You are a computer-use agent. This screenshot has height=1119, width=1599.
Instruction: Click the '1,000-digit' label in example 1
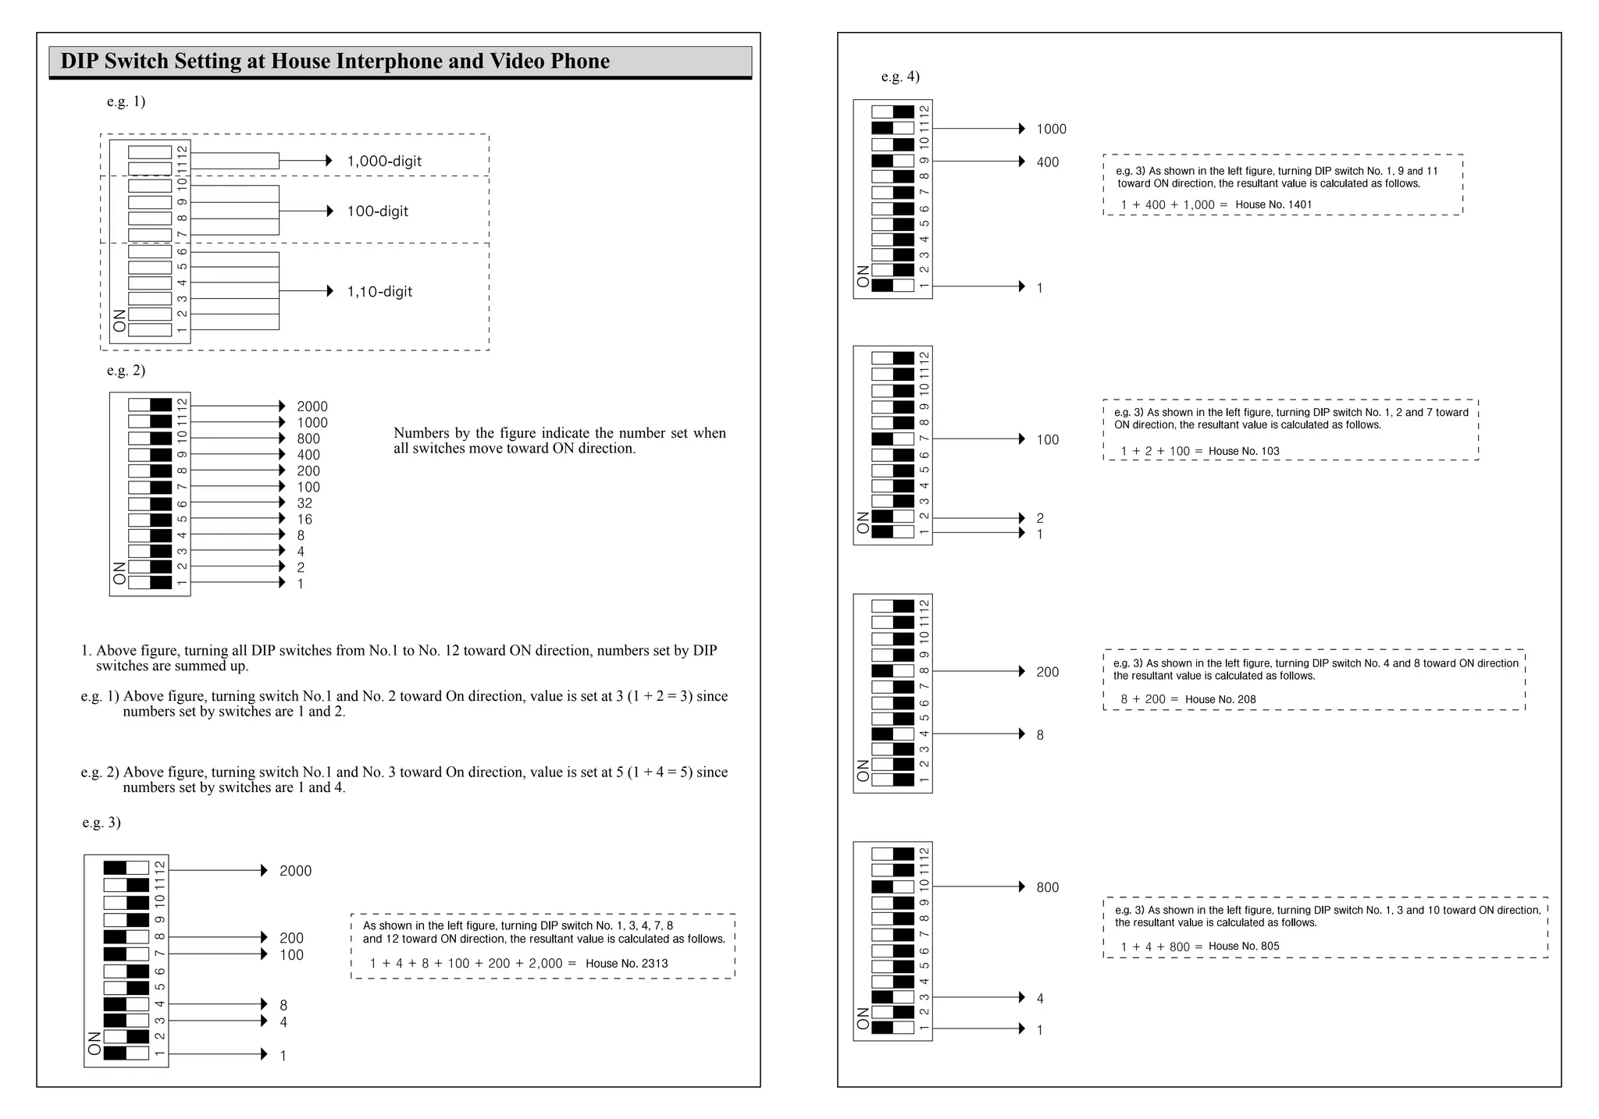click(384, 162)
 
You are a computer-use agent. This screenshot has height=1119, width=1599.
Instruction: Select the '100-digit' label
click(377, 211)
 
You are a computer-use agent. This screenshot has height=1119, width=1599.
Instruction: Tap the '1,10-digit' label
click(379, 292)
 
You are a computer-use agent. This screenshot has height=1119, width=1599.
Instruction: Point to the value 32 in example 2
click(304, 503)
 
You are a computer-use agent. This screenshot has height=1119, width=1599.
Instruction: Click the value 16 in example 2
click(304, 520)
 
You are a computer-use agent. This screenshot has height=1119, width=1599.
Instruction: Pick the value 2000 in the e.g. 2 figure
click(312, 407)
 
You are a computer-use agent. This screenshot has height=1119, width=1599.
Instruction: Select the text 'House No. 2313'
click(626, 964)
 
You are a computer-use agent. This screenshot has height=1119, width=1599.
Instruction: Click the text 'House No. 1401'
click(1273, 205)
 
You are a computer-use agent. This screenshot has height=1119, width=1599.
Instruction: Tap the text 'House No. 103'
click(1244, 451)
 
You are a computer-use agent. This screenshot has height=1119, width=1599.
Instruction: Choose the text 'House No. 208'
click(1220, 699)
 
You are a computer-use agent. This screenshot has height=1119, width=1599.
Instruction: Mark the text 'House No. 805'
click(1244, 947)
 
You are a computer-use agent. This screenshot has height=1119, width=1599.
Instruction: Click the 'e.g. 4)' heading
click(900, 76)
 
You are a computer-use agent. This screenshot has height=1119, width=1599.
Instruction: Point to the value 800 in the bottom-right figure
click(1048, 887)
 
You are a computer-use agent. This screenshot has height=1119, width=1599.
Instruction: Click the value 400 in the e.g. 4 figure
click(1048, 162)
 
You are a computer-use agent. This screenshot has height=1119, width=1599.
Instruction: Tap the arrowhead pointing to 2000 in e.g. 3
click(264, 871)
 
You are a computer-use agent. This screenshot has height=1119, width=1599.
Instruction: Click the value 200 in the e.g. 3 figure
click(291, 938)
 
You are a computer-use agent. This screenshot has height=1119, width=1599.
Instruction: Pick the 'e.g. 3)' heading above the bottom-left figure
click(101, 822)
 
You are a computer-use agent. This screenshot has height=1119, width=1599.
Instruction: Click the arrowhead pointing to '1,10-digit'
click(329, 291)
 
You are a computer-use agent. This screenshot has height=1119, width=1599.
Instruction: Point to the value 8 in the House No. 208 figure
click(1040, 735)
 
